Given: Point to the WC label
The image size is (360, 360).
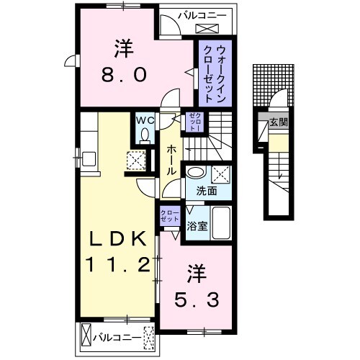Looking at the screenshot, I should click(145, 120).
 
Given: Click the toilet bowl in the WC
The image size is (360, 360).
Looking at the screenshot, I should click(145, 135).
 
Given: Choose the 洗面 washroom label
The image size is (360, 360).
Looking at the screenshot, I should click(197, 192).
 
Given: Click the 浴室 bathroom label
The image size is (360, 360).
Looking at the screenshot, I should click(197, 225).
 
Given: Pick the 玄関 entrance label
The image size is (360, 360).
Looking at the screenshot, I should click(279, 122).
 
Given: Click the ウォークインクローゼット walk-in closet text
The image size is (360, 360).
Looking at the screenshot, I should click(215, 74).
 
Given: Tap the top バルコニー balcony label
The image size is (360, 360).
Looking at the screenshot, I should click(194, 13).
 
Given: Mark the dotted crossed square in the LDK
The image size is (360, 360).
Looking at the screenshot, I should click(135, 161).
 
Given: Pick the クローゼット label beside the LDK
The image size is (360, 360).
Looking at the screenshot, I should click(170, 215).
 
